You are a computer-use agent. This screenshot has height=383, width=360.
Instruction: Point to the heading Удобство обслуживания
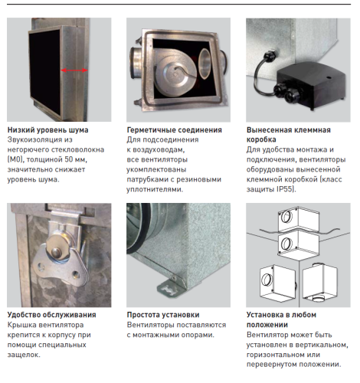[51, 315]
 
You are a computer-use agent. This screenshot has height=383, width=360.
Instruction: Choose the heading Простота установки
[163, 315]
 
